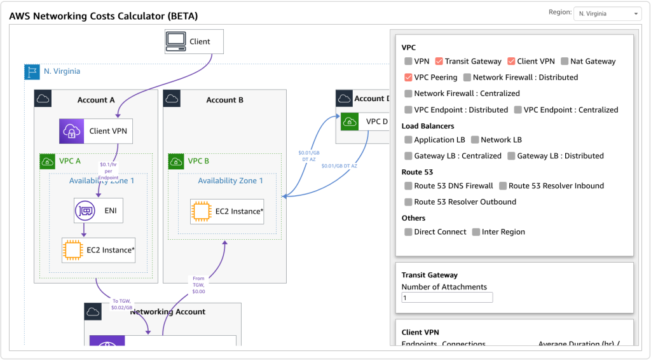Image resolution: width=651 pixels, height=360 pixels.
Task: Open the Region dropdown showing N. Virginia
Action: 607,13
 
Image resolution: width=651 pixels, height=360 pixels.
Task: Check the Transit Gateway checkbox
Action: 439,62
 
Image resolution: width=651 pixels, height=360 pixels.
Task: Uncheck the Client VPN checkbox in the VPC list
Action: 511,62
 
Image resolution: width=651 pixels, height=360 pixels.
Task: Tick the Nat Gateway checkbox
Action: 564,62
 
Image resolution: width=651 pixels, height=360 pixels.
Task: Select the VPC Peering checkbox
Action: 408,78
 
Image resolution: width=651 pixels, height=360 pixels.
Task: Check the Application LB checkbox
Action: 408,140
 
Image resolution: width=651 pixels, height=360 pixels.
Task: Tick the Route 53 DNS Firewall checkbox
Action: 408,186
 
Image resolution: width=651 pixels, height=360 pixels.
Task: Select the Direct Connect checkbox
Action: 408,232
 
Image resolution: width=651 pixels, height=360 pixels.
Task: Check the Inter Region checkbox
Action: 476,232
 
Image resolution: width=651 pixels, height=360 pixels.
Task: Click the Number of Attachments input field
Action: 447,298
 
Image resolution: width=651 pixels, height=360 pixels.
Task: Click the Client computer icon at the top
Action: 175,41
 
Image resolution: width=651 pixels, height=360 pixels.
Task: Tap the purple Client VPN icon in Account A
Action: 71,131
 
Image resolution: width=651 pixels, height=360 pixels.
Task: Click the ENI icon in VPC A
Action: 84,210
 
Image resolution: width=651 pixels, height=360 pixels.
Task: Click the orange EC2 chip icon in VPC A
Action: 72,250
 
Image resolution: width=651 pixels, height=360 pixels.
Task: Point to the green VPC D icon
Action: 349,121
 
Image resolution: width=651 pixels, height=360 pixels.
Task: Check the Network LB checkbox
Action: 475,140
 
